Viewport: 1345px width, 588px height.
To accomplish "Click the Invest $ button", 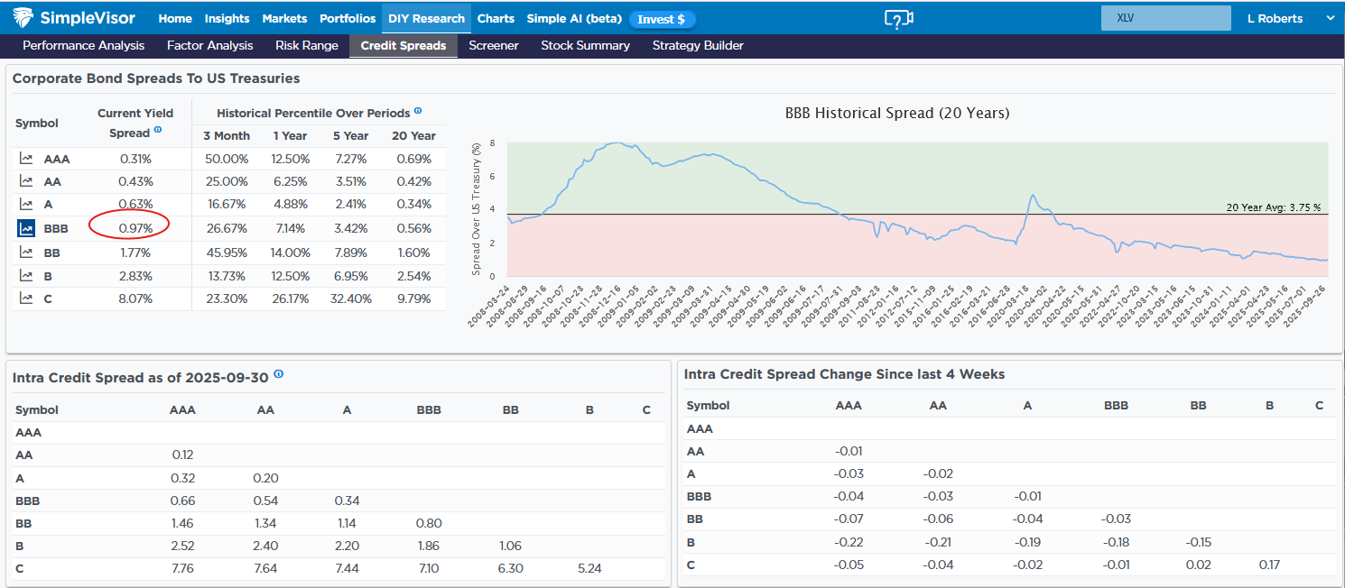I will pyautogui.click(x=662, y=19).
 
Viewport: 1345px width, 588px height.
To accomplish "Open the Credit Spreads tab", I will pyautogui.click(x=403, y=45).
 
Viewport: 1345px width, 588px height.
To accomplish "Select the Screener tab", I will pyautogui.click(x=494, y=45).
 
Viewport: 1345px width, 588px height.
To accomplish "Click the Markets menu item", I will pyautogui.click(x=284, y=18).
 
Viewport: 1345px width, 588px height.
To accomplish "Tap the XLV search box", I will pyautogui.click(x=1165, y=18).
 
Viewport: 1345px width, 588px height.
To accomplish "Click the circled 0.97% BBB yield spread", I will pyautogui.click(x=135, y=228).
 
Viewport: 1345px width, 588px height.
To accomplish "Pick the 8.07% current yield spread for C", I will pyautogui.click(x=135, y=299).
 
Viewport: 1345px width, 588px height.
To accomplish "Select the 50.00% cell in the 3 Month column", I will pyautogui.click(x=227, y=159).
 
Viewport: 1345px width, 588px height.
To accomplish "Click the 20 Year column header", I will pyautogui.click(x=413, y=135).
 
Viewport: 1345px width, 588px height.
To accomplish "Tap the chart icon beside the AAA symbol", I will pyautogui.click(x=26, y=159).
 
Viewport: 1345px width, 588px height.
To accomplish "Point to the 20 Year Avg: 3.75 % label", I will pyautogui.click(x=1273, y=207).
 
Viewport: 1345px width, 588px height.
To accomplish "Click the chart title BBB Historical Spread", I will pyautogui.click(x=897, y=114).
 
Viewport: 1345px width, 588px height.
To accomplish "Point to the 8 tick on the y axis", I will pyautogui.click(x=492, y=142).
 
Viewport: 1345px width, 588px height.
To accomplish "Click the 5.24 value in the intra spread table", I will pyautogui.click(x=589, y=568).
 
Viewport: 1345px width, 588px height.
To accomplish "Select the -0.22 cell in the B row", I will pyautogui.click(x=849, y=542).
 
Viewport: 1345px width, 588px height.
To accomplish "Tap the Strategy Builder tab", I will pyautogui.click(x=698, y=45).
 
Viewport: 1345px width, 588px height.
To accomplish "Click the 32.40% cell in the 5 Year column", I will pyautogui.click(x=350, y=299).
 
